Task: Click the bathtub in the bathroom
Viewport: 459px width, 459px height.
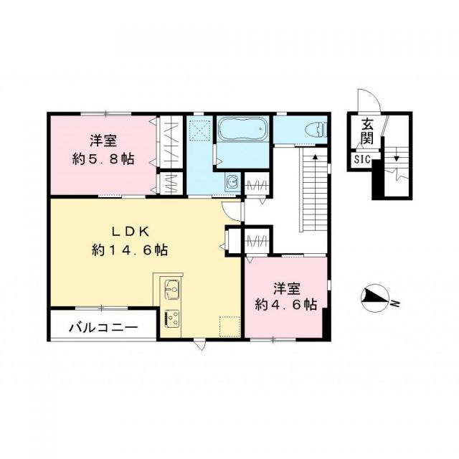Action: (x=242, y=131)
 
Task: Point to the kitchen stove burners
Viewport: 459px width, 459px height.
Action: (x=172, y=316)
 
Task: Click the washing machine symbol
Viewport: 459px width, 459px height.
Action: (x=232, y=183)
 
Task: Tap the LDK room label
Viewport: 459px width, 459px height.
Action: (x=129, y=231)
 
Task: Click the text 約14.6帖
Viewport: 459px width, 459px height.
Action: (x=130, y=250)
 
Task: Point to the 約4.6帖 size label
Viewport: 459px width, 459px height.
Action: (x=286, y=304)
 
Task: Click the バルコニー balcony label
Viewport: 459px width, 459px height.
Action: (x=103, y=328)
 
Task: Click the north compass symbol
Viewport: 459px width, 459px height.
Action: (x=374, y=297)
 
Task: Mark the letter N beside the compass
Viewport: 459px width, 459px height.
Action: (x=394, y=306)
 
